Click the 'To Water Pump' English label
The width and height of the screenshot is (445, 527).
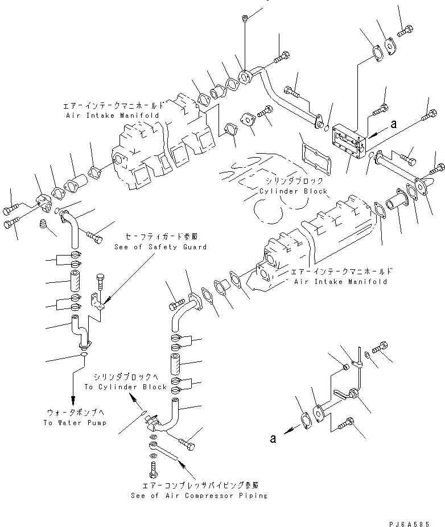point(71,423)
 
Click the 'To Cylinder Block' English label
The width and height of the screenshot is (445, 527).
point(133,386)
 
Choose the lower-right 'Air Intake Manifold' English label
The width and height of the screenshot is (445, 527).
point(339,282)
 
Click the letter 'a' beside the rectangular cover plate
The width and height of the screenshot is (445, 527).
point(393,122)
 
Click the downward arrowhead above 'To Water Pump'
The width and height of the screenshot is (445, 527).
point(72,400)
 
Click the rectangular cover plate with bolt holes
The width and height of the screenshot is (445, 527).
point(349,142)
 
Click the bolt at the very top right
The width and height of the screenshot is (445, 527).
point(406,31)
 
